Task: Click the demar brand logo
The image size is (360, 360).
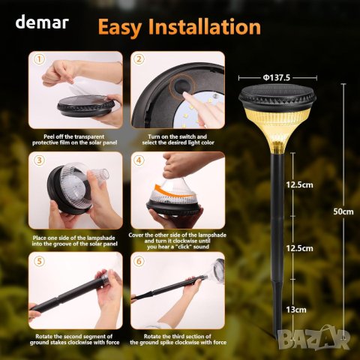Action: (x=42, y=22)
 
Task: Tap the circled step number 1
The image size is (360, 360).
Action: (x=39, y=59)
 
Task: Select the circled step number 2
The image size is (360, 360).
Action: (x=139, y=59)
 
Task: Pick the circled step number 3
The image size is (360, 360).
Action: (x=39, y=160)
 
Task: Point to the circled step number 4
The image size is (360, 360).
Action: (x=139, y=160)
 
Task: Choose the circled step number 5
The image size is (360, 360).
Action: (x=39, y=261)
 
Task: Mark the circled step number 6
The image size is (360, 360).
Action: (x=139, y=261)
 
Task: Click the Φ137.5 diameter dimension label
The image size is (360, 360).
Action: (x=276, y=78)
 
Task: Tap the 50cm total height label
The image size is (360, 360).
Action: (x=343, y=211)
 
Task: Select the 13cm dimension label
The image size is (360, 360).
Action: (x=296, y=310)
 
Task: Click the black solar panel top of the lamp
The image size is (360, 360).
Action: (x=277, y=97)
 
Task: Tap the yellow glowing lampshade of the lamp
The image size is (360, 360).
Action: (x=277, y=130)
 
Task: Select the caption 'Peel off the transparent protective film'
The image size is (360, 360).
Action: (x=74, y=139)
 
